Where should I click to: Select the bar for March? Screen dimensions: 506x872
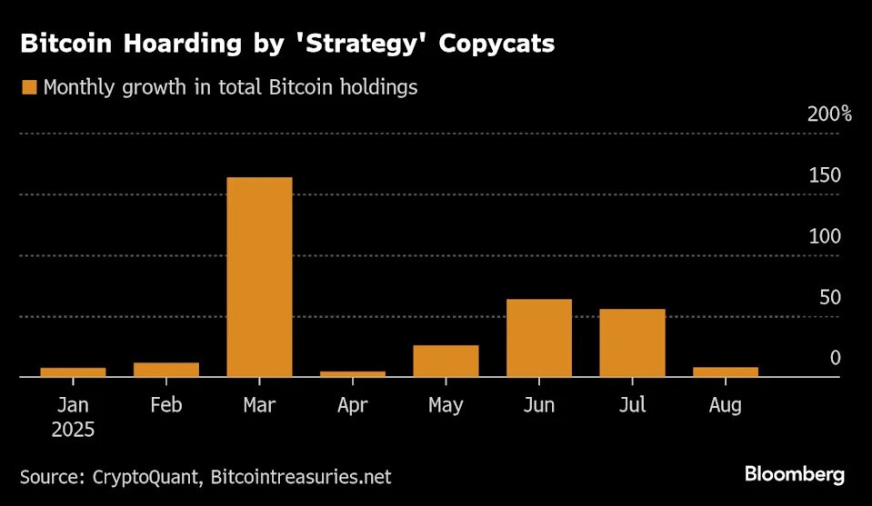coord(259,276)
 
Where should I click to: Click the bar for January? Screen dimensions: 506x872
coord(73,372)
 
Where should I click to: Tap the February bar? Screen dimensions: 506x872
coord(165,369)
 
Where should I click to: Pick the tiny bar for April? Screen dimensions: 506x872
coord(352,373)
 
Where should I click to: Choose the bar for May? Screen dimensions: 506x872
coord(446,361)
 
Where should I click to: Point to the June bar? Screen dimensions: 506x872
coord(539,337)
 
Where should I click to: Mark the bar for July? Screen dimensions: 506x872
coord(632,342)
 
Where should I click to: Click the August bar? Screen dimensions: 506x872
coord(726,372)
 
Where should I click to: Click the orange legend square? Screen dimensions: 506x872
coord(28,88)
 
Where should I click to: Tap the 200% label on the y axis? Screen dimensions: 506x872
coord(829,114)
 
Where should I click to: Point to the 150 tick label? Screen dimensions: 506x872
coord(825,175)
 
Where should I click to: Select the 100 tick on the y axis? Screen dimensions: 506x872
coord(825,236)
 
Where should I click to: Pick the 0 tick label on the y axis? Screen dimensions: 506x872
coord(835,358)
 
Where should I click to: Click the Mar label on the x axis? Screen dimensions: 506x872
coord(259,405)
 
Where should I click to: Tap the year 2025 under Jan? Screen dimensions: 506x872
coord(73,429)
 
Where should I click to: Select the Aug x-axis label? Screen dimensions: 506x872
coord(726,405)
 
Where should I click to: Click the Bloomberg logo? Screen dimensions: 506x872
coord(794,474)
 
